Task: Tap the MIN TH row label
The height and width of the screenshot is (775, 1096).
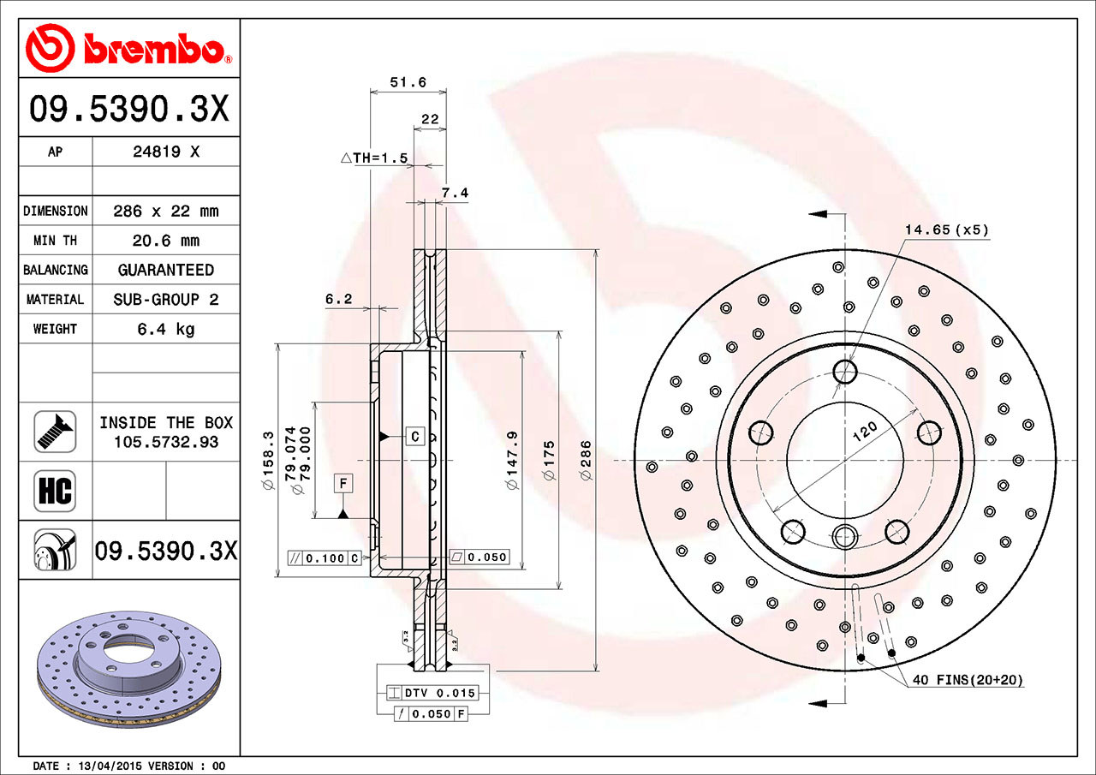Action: (55, 241)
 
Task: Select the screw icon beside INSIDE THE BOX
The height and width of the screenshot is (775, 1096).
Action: (55, 432)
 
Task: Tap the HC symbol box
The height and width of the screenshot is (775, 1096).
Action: (55, 492)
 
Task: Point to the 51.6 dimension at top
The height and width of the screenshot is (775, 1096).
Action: (408, 82)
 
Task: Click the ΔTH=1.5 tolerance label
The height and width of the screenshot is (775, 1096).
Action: (373, 158)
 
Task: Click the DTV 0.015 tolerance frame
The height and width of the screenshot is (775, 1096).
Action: (432, 693)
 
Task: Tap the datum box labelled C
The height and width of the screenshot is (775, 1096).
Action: (414, 436)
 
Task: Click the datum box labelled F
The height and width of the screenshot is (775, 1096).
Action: (342, 484)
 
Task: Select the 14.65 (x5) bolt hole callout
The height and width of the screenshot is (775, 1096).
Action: (946, 230)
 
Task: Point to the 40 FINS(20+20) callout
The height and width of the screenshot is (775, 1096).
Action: (967, 680)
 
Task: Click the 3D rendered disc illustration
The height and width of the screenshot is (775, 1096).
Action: (128, 668)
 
